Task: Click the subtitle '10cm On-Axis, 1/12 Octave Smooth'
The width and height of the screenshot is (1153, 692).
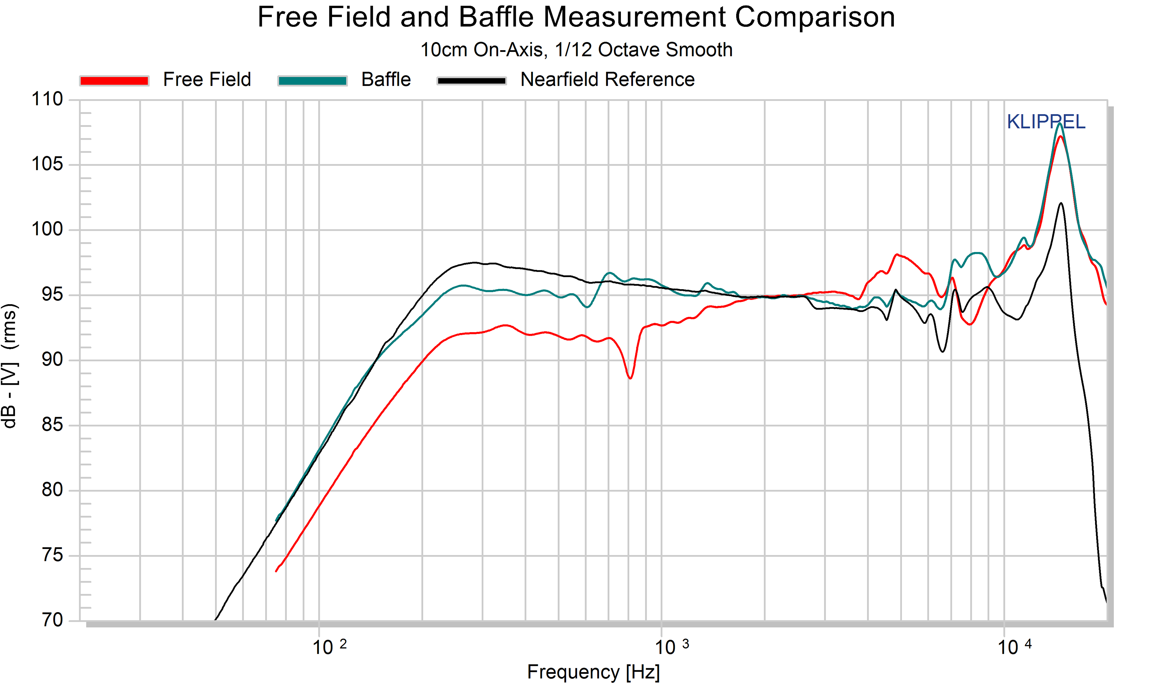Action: [x=576, y=50]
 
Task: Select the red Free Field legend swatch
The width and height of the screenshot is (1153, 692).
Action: [x=114, y=81]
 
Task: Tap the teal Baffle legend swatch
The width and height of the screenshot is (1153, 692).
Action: [x=312, y=81]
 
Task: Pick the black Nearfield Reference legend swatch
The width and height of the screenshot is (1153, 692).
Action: [x=472, y=81]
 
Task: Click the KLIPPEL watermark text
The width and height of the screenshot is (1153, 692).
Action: [x=1046, y=122]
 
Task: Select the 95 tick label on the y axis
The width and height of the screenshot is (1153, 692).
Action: [x=52, y=295]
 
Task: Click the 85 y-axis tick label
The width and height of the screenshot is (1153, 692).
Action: [x=52, y=425]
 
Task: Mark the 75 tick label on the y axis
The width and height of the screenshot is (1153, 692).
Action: [x=52, y=555]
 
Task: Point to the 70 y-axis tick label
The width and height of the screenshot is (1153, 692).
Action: [x=52, y=620]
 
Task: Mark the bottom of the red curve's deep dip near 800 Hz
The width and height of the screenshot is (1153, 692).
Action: [x=630, y=378]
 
